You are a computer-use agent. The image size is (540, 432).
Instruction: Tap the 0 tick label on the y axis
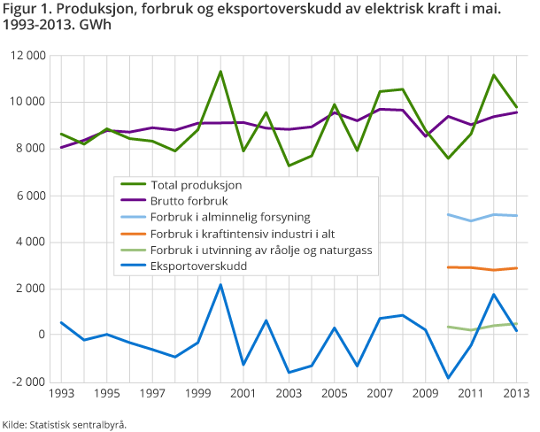[42, 335]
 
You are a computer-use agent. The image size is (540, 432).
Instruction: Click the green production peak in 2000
[220, 71]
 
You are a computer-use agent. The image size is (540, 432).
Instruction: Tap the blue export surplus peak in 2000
[220, 284]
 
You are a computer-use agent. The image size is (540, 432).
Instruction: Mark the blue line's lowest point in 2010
[448, 378]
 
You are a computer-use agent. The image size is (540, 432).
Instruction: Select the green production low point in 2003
[289, 166]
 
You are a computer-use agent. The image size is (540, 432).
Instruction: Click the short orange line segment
[482, 268]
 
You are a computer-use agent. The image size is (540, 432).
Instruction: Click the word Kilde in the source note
[15, 424]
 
